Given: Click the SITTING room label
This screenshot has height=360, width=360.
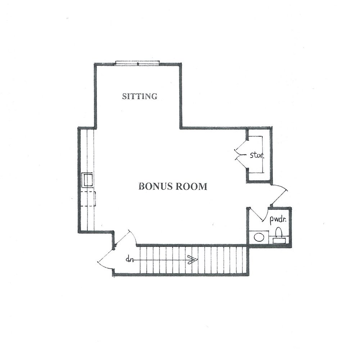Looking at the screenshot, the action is (x=140, y=96).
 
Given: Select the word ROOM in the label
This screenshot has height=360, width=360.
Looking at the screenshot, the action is (x=192, y=186).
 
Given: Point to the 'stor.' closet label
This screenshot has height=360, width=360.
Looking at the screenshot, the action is (x=257, y=156).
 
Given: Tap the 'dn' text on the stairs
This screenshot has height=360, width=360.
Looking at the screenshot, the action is (x=130, y=260).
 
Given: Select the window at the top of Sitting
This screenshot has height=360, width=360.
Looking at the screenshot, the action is (x=137, y=63).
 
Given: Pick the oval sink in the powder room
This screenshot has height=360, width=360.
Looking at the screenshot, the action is (x=259, y=237).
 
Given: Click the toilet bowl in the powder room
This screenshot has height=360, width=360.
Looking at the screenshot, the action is (x=279, y=232).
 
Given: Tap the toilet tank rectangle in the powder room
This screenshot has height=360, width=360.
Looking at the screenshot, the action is (x=279, y=240).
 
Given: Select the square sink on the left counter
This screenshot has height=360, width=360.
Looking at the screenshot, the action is (x=88, y=179).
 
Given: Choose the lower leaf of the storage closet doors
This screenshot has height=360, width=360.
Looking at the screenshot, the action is (x=241, y=164).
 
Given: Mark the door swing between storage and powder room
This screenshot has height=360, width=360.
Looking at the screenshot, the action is (x=280, y=195).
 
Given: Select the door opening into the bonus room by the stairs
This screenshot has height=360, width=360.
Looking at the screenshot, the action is (x=126, y=238).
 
